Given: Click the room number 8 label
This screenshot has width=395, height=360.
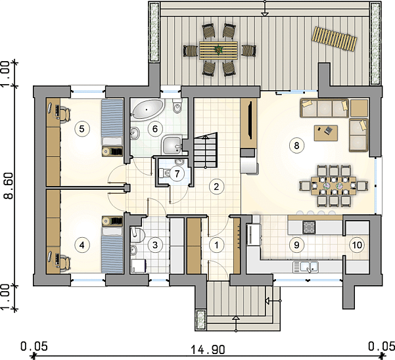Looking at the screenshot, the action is click(296, 145).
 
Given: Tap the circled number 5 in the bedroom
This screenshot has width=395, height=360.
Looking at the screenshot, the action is click(81, 129).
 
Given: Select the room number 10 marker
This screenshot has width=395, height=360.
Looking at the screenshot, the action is click(357, 244).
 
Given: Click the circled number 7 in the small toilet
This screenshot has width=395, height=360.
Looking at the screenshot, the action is click(177, 173).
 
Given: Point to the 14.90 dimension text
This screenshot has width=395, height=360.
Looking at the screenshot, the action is click(207, 349).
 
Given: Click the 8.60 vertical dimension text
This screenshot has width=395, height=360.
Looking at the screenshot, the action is click(9, 186).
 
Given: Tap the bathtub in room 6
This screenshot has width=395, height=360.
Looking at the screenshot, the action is click(148, 109).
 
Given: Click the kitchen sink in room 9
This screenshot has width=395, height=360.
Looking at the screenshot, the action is click(306, 267).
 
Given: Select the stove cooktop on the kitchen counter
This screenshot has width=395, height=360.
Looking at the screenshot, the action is click(309, 227).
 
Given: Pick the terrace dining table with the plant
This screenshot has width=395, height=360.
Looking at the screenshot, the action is click(218, 51).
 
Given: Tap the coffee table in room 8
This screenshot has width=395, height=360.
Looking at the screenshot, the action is click(326, 133).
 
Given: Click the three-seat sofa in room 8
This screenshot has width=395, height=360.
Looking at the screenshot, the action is click(324, 108).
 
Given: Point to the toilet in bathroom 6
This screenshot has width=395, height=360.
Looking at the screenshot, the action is click(177, 106).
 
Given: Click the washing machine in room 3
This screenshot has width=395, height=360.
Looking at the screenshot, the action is click(138, 266).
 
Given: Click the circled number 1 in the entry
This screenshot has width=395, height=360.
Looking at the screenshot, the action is click(216, 244).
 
